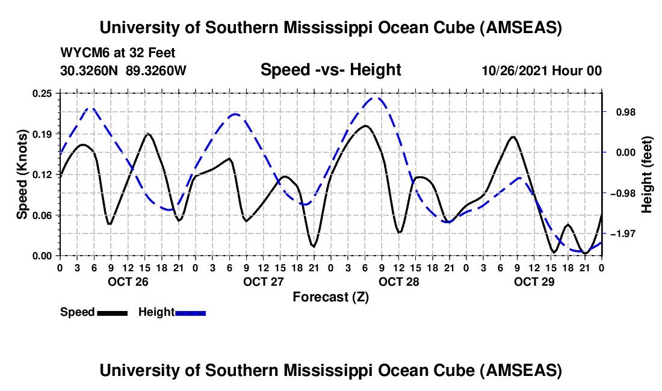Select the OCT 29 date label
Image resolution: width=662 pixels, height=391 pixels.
coord(534,282)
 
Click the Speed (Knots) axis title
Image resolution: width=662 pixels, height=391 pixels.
coord(22,174)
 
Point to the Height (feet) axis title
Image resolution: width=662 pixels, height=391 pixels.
coord(646,174)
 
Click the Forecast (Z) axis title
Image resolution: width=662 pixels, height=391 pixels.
coord(330,297)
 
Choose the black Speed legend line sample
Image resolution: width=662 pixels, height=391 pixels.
coord(112,313)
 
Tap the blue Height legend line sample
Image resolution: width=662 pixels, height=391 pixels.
coord(190,313)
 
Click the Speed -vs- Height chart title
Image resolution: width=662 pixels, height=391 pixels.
coord(330,70)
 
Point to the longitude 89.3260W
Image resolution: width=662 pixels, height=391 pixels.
coord(156,70)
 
